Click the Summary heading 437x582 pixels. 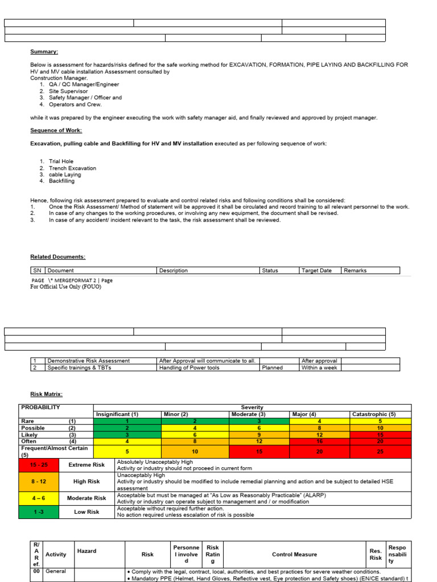[44, 52]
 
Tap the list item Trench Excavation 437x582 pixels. [72, 168]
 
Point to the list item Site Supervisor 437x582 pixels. [68, 91]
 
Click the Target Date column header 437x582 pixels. [316, 271]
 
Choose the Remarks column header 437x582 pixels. [356, 271]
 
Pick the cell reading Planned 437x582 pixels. [273, 368]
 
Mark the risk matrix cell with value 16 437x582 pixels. [319, 441]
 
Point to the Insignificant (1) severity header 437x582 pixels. [117, 414]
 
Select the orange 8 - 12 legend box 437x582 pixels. [39, 481]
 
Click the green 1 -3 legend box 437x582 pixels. [39, 512]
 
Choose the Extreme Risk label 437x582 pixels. [86, 464]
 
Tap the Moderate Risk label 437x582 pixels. [86, 498]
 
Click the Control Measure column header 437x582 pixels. [294, 554]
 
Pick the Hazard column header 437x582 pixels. [87, 551]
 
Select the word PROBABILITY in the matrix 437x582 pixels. [40, 408]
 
